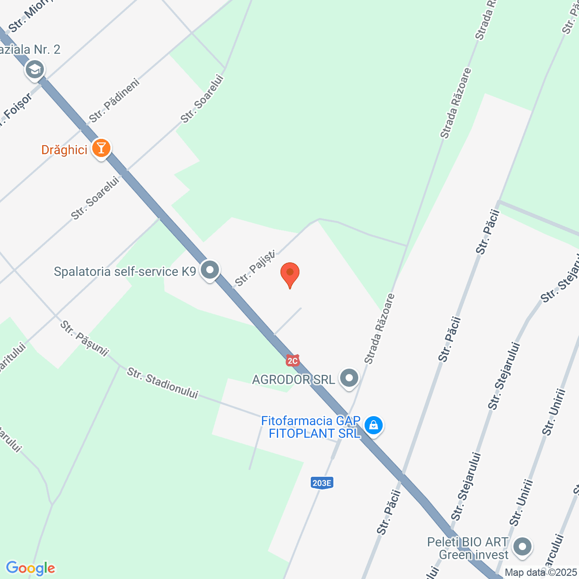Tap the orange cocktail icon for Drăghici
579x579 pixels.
point(101,148)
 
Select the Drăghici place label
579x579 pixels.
point(64,150)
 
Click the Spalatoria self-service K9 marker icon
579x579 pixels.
point(210,271)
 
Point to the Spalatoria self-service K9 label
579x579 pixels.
point(125,271)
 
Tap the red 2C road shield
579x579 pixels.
point(293,361)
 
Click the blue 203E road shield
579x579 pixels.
point(322,483)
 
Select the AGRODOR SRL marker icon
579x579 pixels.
point(349,378)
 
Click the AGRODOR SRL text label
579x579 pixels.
point(293,380)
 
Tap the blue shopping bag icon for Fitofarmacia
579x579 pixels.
point(374,425)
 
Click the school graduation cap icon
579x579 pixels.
point(35,70)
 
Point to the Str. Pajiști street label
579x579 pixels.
point(255,269)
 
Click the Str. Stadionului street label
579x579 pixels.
point(162,383)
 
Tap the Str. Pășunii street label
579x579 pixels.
point(85,338)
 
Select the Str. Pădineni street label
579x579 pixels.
point(114,100)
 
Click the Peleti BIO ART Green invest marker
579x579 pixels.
point(522,546)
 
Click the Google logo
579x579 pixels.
point(30,568)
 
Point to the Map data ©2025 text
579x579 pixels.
point(541,572)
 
